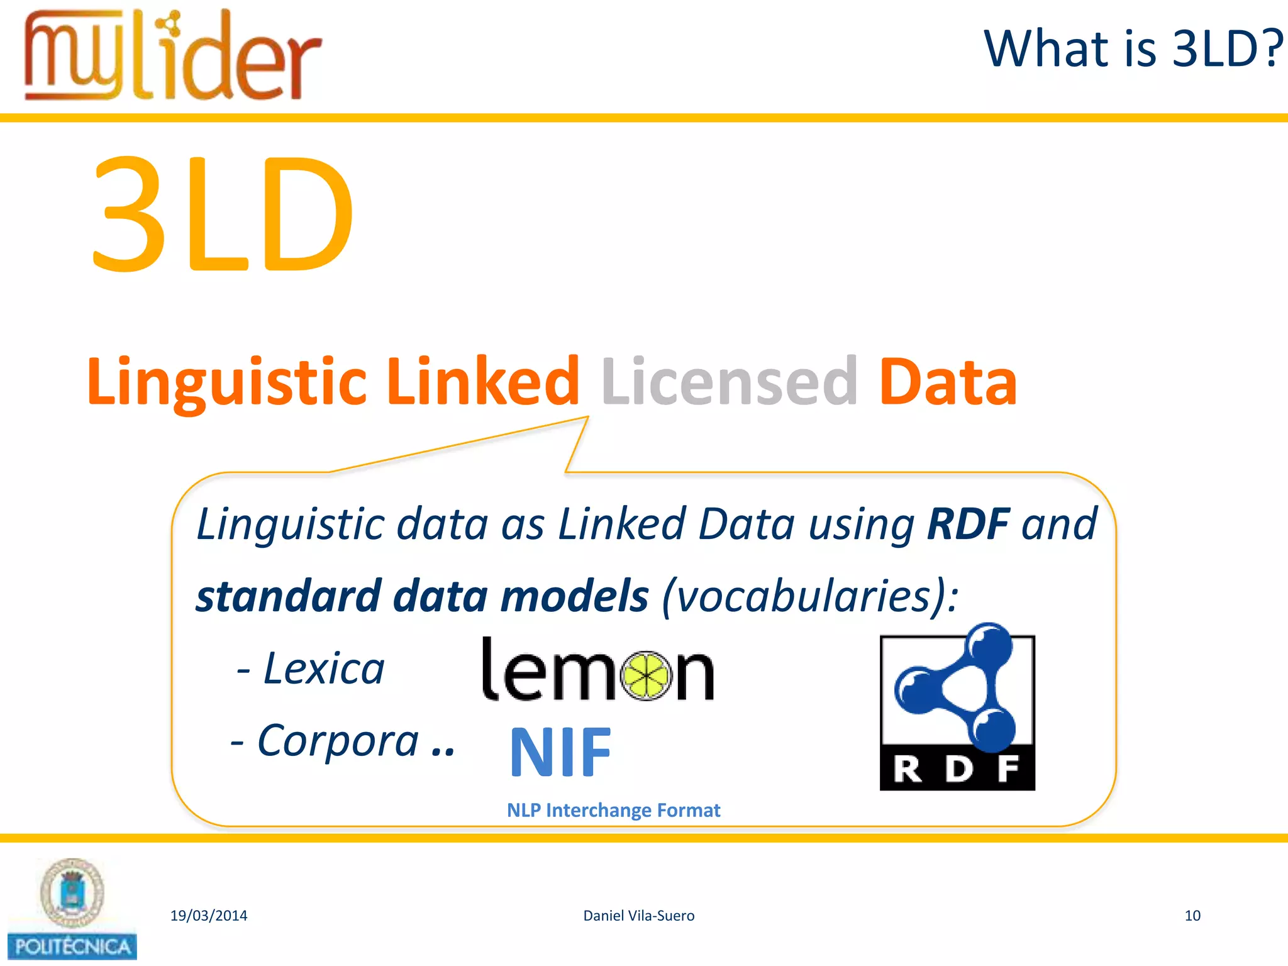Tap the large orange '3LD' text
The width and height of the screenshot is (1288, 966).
pos(223,214)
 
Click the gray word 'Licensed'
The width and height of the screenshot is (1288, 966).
pos(730,380)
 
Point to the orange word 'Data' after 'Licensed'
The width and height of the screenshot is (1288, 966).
pos(947,380)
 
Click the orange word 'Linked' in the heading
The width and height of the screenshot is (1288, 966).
pos(482,380)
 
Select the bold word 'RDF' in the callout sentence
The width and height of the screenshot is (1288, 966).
pos(968,524)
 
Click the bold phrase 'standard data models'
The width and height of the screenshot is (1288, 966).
pos(422,596)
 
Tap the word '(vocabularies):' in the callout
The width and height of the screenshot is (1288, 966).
pos(810,596)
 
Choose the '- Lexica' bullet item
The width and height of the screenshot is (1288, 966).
pos(311,668)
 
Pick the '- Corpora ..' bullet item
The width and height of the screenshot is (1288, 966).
pos(343,741)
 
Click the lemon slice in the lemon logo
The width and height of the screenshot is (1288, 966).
pos(646,675)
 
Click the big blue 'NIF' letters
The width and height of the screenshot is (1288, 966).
pos(560,752)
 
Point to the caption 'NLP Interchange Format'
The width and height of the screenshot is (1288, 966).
pos(613,810)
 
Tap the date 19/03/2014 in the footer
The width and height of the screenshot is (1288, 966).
pos(209,916)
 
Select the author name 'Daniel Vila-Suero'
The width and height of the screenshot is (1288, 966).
pos(639,916)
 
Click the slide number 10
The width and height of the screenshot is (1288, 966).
pos(1192,916)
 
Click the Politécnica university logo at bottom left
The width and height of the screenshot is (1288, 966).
pos(72,909)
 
